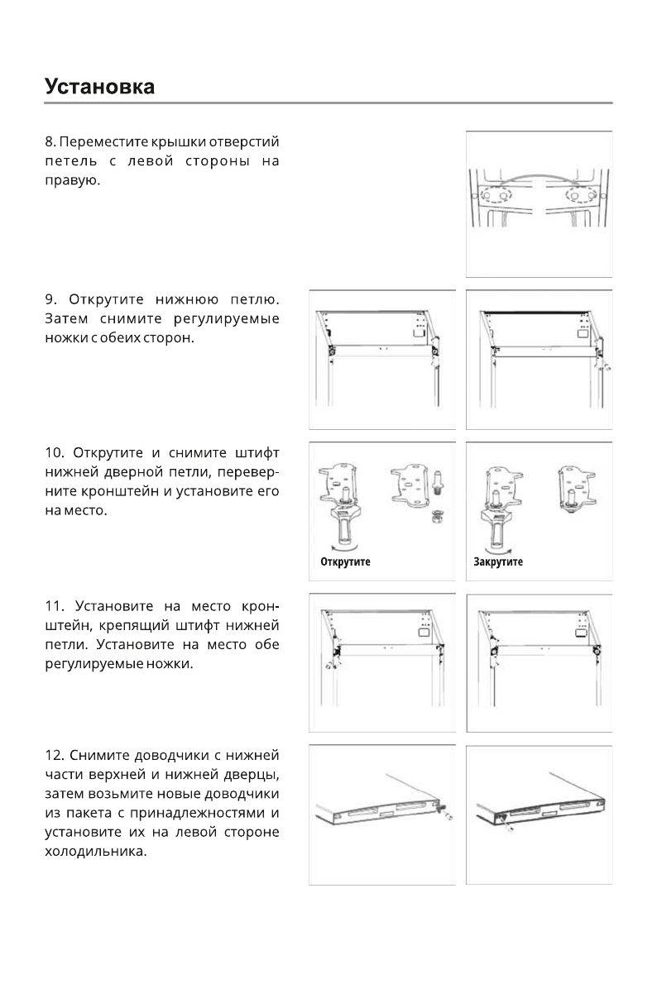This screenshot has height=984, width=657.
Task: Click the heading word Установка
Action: (x=100, y=86)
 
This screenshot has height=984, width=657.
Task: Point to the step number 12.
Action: (x=54, y=755)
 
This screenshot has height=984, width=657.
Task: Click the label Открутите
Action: (x=345, y=561)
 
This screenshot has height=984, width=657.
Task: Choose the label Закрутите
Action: (x=498, y=561)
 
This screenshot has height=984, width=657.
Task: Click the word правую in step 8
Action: (x=71, y=179)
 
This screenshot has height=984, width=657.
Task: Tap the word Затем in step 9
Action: (x=66, y=319)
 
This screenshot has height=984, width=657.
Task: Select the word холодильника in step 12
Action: (x=95, y=853)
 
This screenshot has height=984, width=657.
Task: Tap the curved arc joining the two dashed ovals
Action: (x=539, y=176)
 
